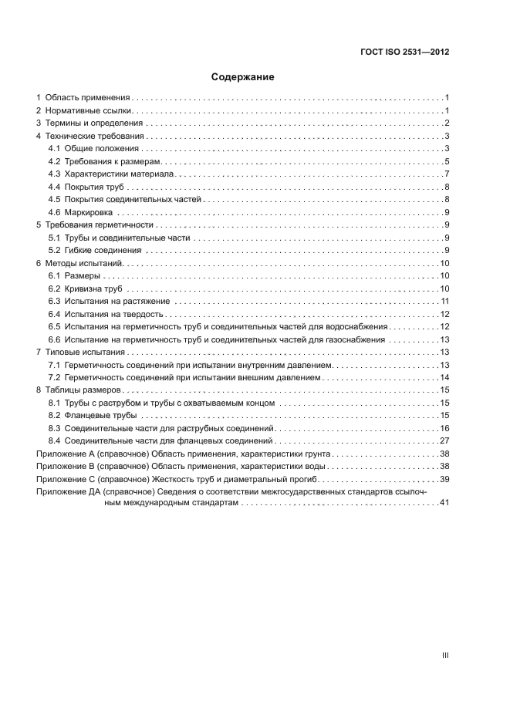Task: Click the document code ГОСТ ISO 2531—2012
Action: click(405, 52)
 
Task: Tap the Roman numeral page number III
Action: click(445, 655)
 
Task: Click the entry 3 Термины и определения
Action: click(90, 123)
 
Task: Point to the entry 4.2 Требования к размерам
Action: click(103, 161)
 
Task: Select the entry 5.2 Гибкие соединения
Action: click(94, 250)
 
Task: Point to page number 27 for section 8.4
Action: click(444, 440)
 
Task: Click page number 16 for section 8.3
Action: click(444, 428)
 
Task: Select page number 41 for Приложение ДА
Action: click(444, 503)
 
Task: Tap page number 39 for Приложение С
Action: click(444, 479)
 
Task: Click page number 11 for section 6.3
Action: click(444, 301)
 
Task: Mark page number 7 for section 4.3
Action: click(447, 174)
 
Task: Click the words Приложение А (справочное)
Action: click(92, 454)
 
